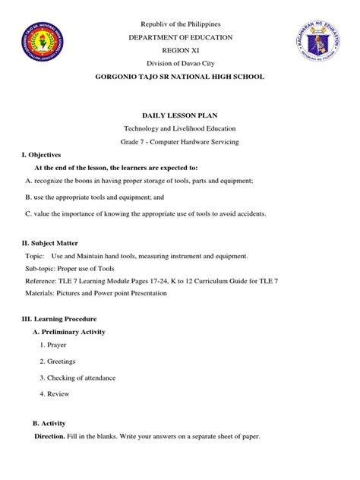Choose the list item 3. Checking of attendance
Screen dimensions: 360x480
click(x=79, y=377)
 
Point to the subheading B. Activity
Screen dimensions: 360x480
click(x=50, y=422)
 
